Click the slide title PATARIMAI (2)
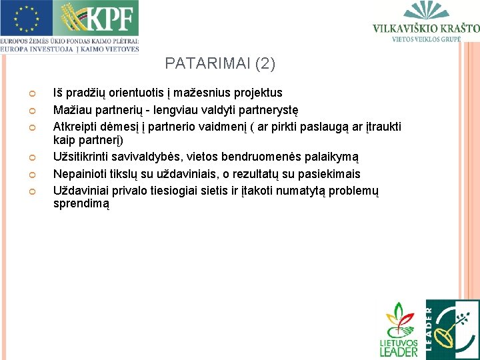(220, 64)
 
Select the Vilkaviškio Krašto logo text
(425, 29)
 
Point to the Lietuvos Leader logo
(398, 329)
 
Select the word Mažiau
(71, 109)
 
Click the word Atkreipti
(75, 127)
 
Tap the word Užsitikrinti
(83, 157)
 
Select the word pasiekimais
(328, 174)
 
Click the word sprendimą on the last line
(81, 204)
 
